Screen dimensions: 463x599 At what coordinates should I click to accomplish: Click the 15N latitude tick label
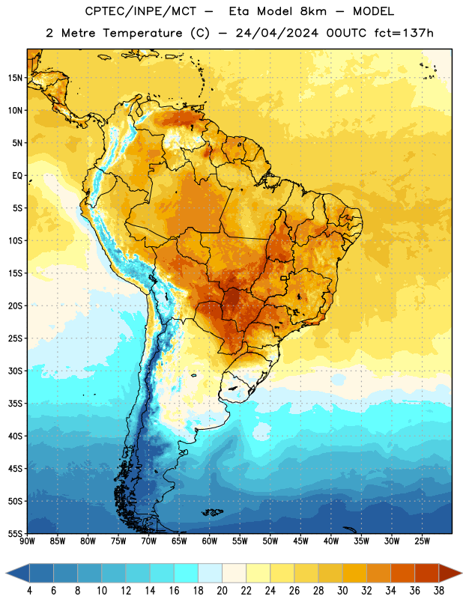[x=15, y=78]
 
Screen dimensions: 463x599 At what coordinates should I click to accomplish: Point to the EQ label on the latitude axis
[x=17, y=176]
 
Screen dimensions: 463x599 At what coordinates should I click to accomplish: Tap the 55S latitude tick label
[x=15, y=533]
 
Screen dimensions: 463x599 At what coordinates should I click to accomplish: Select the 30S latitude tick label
[x=15, y=371]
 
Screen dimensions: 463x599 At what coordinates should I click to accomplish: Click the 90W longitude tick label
[x=27, y=541]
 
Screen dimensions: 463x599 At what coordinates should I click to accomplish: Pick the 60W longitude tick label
[x=210, y=541]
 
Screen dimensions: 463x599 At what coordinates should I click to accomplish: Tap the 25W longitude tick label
[x=422, y=541]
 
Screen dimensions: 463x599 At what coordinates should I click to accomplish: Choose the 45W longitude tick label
[x=300, y=541]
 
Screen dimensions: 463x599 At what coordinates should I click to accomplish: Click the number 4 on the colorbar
[x=29, y=591]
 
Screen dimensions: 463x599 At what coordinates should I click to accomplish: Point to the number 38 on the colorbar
[x=439, y=591]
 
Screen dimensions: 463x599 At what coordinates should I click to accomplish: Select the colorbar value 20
[x=222, y=591]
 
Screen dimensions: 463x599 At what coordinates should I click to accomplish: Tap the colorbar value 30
[x=342, y=591]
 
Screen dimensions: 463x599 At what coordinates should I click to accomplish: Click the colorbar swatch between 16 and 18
[x=187, y=574]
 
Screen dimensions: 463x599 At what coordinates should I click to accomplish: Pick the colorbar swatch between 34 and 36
[x=402, y=574]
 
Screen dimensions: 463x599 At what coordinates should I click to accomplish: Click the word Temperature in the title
[x=142, y=33]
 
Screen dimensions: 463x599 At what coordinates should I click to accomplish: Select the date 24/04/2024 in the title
[x=277, y=33]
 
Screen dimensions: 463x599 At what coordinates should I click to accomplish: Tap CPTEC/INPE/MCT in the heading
[x=141, y=11]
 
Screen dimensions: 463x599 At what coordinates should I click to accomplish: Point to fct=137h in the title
[x=404, y=33]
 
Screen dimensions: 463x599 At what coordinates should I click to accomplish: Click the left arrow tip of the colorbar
[x=7, y=574]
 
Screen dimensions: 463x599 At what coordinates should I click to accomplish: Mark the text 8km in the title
[x=313, y=11]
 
